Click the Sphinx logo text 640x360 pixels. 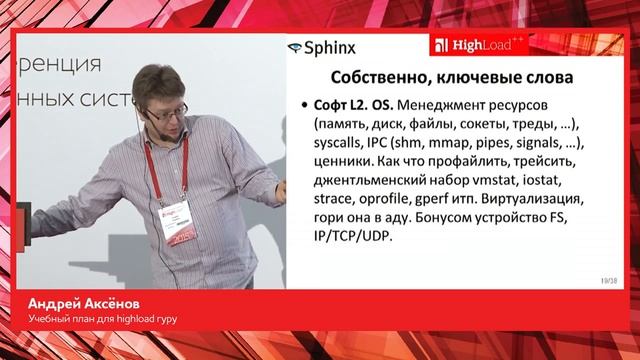(330, 47)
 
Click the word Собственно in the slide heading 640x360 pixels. (367, 78)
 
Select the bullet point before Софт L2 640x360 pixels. (303, 106)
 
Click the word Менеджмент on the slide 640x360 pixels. (446, 105)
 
